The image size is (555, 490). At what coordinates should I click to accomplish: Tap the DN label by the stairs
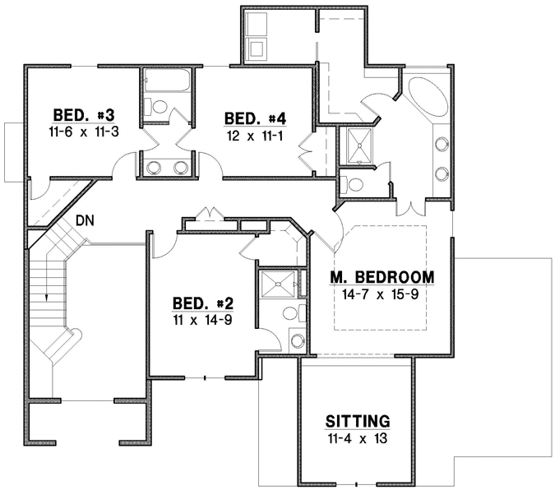(85, 220)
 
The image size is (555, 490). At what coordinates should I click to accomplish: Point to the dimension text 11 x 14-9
(201, 319)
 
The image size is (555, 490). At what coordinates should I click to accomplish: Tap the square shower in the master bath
(358, 146)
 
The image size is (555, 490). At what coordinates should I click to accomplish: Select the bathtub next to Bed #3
(167, 82)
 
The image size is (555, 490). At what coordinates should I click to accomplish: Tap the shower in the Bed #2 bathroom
(277, 285)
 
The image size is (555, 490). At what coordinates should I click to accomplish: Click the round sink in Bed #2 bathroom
(297, 340)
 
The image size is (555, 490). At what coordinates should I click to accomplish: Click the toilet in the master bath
(355, 183)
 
